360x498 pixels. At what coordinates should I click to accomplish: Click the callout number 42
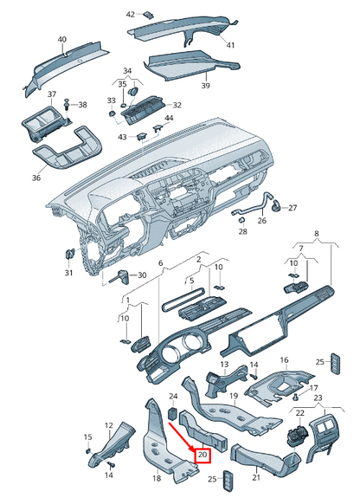point(131,15)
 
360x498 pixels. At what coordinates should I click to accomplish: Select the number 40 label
point(61,40)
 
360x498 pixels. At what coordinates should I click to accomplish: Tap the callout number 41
point(230,44)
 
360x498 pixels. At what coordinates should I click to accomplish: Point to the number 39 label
point(206,87)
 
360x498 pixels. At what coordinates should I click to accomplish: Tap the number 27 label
point(292,208)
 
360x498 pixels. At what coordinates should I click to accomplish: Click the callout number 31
point(68,274)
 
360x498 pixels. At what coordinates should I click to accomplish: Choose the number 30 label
point(144,275)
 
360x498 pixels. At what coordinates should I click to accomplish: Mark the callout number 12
point(109,425)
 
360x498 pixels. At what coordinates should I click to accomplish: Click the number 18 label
point(157,478)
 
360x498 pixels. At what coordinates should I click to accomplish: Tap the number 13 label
point(223,365)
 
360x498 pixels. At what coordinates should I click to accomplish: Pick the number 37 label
point(51,94)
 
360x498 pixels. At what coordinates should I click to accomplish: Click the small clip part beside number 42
point(148,14)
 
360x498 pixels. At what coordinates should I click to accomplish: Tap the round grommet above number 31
point(68,252)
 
